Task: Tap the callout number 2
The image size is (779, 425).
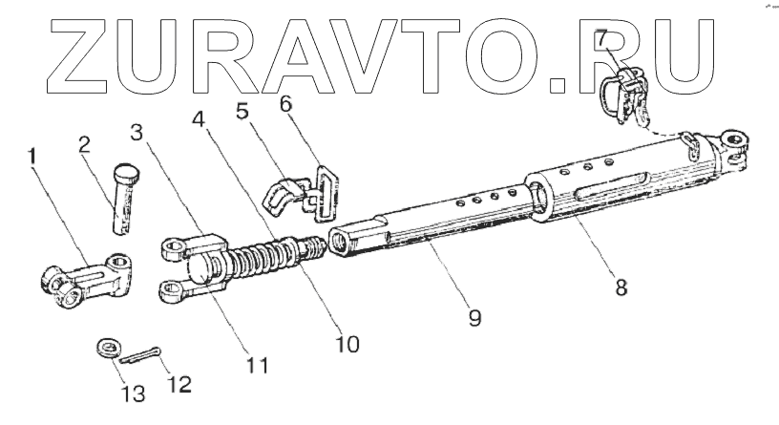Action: click(x=84, y=144)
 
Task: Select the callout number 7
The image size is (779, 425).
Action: click(x=601, y=40)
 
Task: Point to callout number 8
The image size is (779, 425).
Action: click(x=621, y=287)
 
